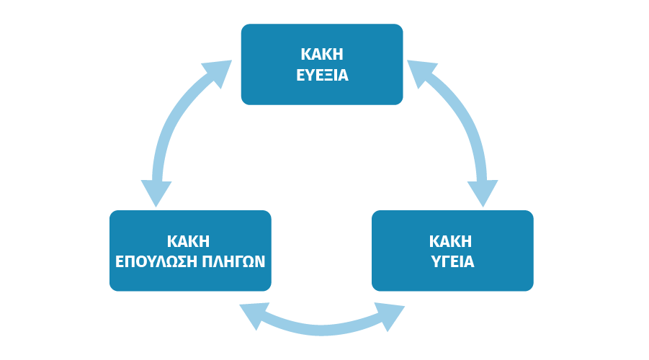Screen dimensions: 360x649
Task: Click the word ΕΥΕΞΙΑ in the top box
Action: coord(322,74)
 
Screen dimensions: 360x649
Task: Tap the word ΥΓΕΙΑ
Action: coord(452,261)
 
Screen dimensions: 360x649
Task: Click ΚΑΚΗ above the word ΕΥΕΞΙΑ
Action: coord(322,55)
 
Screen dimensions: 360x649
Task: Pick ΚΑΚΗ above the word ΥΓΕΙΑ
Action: coord(452,240)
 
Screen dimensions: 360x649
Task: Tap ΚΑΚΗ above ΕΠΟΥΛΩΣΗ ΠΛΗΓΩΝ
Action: coord(190,240)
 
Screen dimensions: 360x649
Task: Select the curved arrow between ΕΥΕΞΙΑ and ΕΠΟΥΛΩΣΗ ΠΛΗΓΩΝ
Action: coord(177,122)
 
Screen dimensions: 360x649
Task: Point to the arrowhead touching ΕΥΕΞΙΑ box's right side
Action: coord(419,71)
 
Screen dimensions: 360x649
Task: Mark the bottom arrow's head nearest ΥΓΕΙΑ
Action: coord(390,317)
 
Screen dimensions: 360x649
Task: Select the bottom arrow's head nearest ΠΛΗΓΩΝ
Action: coord(254,315)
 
